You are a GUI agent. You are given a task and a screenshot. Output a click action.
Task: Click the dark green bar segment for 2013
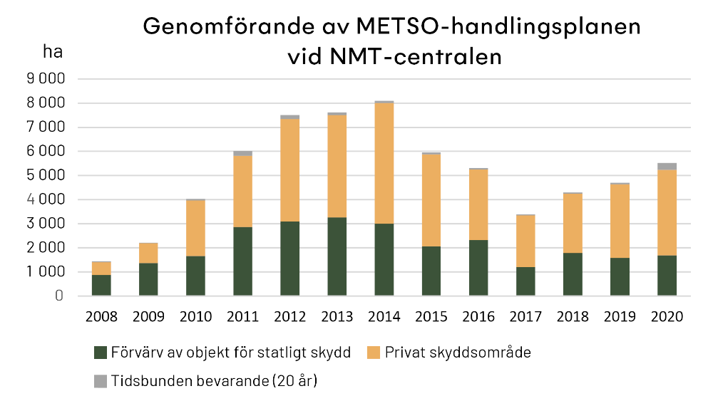[x=337, y=256]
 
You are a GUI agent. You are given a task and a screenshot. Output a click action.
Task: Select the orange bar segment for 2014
[x=384, y=164]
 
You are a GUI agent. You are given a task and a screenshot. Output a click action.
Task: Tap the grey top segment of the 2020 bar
[x=667, y=166]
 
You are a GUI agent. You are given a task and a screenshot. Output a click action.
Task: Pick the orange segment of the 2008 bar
[x=101, y=268]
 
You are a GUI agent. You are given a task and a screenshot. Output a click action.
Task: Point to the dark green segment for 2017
[x=525, y=281]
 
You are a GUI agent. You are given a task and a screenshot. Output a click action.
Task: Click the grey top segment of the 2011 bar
[x=242, y=153]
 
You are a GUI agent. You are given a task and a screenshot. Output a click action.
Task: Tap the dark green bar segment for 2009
[x=148, y=279]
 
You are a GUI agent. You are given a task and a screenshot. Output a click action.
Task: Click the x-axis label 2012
[x=289, y=318]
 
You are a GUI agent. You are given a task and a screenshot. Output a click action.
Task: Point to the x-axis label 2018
[x=573, y=318]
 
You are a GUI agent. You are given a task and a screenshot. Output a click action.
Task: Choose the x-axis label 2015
[x=431, y=318]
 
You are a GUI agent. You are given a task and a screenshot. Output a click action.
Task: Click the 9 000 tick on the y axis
[x=46, y=79]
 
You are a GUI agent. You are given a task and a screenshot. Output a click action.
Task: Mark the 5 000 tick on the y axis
[x=46, y=175]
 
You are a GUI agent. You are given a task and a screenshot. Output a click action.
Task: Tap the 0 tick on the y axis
[x=59, y=296]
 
